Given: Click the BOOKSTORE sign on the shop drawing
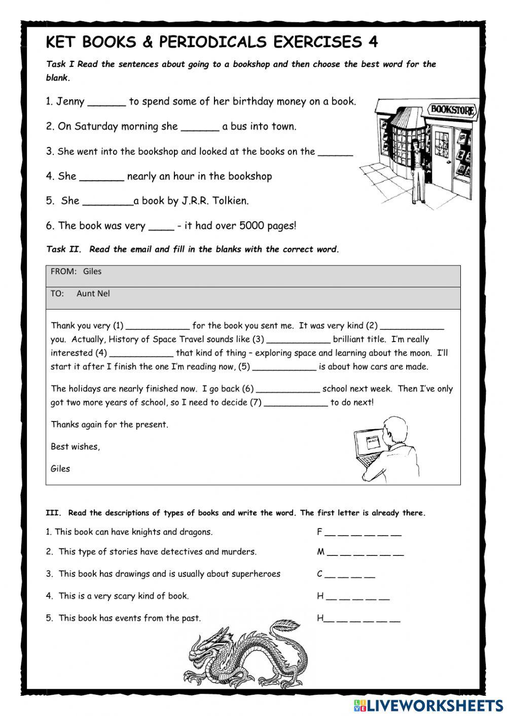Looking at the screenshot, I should [x=453, y=109].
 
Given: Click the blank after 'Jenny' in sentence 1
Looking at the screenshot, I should [x=106, y=102].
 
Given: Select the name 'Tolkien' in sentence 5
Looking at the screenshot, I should [x=230, y=201].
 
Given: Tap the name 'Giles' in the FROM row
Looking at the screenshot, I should [x=92, y=272].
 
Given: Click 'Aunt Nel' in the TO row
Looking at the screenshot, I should [x=93, y=293].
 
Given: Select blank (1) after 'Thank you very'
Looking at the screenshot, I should [x=157, y=326].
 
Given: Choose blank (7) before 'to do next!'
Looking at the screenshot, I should [x=296, y=403].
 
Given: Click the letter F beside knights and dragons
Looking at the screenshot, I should [x=319, y=532].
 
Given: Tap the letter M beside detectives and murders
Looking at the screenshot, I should [x=320, y=552].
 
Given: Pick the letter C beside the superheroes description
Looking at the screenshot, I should [x=319, y=574].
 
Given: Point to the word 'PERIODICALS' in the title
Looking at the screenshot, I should [x=212, y=42].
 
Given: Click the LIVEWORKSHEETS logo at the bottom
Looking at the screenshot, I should [x=428, y=705].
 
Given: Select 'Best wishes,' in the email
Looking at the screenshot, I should [x=75, y=446].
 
